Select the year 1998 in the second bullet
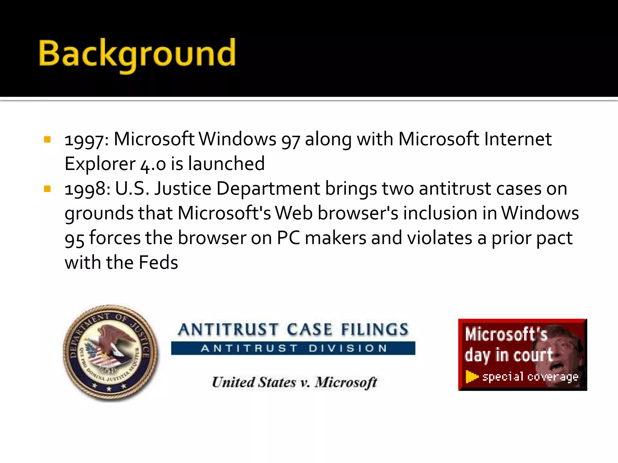85,189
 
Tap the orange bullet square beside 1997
47,139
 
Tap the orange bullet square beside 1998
47,189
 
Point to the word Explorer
100,164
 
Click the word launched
226,164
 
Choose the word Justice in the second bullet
183,189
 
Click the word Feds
158,263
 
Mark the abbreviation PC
288,238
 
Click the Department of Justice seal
110,353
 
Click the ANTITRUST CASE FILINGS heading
293,329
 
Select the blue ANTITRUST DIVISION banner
293,348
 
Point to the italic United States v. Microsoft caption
294,383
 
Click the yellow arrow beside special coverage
472,377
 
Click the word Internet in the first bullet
518,140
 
